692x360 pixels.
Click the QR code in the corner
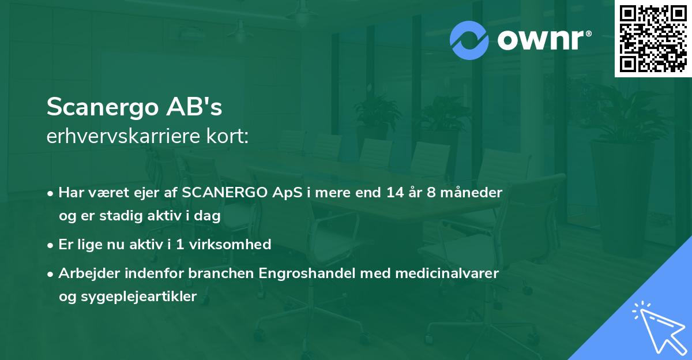tap(653, 39)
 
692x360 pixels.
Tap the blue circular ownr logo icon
tap(469, 40)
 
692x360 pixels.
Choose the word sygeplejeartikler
tap(127, 297)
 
